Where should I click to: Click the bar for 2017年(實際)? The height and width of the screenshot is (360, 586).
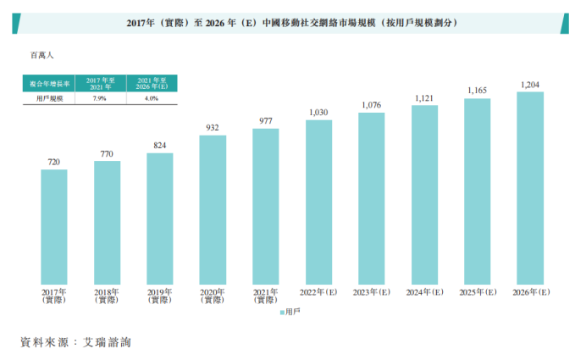pyautogui.click(x=54, y=227)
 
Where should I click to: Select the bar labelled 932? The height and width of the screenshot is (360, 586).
pyautogui.click(x=213, y=209)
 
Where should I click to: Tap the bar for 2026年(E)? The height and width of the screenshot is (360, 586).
pyautogui.click(x=530, y=187)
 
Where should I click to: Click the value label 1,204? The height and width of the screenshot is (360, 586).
pyautogui.click(x=530, y=85)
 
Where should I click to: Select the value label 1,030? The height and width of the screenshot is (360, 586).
pyautogui.click(x=318, y=113)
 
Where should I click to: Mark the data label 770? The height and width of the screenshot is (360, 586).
pyautogui.click(x=107, y=154)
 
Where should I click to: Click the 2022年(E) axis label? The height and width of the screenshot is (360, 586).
pyautogui.click(x=318, y=292)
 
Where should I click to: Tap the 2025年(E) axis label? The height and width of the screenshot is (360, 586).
pyautogui.click(x=478, y=292)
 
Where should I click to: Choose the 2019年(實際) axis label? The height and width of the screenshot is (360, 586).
pyautogui.click(x=159, y=296)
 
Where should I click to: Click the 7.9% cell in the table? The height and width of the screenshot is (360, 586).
pyautogui.click(x=100, y=98)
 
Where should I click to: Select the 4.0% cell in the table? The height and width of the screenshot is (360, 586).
pyautogui.click(x=152, y=98)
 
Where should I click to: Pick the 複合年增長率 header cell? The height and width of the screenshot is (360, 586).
pyautogui.click(x=47, y=83)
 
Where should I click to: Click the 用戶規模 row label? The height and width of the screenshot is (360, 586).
pyautogui.click(x=47, y=98)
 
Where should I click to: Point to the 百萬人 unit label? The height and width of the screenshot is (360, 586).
pyautogui.click(x=42, y=55)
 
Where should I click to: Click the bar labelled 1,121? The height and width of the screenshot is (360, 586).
pyautogui.click(x=424, y=194)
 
